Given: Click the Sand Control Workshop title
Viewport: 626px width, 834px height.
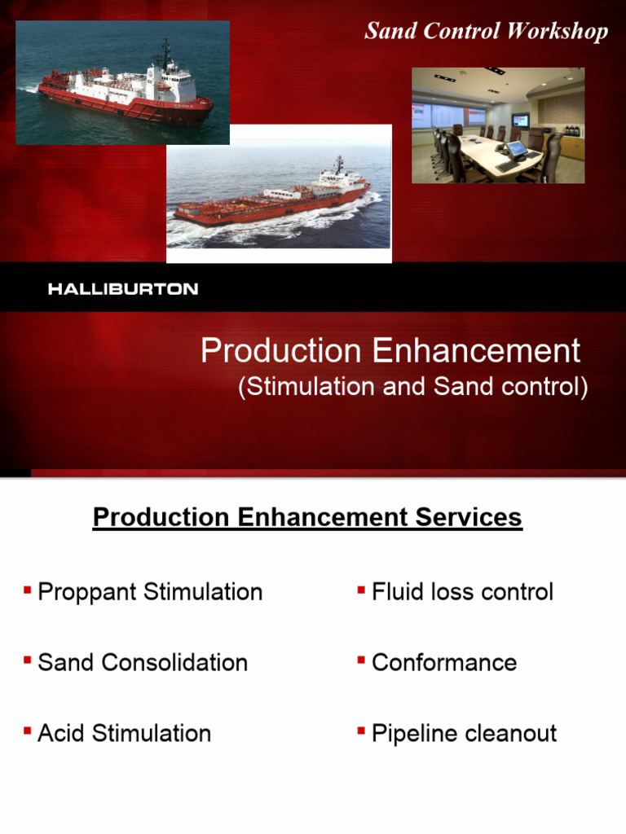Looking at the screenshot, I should point(486,32).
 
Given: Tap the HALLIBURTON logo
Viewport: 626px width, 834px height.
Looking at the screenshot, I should point(123,289).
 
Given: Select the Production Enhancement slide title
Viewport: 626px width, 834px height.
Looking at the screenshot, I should point(390,351).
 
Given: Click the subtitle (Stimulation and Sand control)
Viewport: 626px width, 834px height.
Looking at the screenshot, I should point(412,387).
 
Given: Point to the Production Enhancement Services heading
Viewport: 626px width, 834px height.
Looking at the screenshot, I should point(307,517).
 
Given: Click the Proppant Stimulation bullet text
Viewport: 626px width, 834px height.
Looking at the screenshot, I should point(150,592).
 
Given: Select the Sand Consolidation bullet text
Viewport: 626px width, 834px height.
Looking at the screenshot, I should point(143,662).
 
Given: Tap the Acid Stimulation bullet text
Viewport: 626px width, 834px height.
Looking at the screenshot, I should point(124,733).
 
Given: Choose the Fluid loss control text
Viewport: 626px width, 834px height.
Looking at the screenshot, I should point(462,592).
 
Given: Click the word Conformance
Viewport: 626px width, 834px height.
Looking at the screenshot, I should point(444,662).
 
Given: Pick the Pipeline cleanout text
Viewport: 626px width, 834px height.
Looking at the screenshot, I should point(464,733).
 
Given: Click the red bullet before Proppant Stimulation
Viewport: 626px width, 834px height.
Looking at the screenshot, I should point(28,588).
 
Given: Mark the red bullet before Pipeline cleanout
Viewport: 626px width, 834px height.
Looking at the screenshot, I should point(360,730).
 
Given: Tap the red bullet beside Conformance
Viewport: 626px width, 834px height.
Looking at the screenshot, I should point(360,659).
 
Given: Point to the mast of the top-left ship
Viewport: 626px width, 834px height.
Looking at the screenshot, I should point(165,52).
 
